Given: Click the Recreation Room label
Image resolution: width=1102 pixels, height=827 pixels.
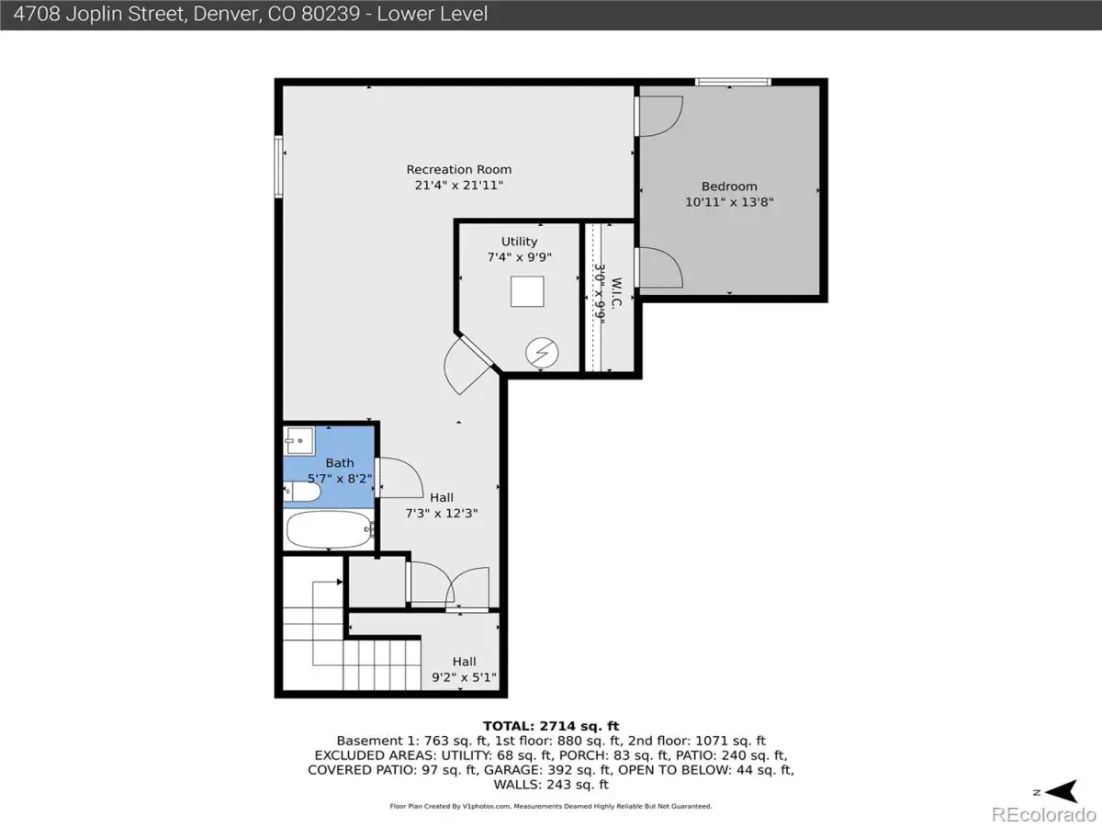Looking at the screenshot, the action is click(459, 170).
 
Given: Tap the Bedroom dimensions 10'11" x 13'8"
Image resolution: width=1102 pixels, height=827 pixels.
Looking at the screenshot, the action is click(729, 202).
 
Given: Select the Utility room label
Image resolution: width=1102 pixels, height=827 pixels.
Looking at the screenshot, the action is click(519, 242).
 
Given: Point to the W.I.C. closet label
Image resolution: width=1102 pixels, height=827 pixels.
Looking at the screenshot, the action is click(617, 292).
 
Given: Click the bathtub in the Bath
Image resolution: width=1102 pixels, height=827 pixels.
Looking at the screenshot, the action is click(330, 529).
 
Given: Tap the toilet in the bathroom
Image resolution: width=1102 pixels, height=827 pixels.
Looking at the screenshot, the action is click(302, 491).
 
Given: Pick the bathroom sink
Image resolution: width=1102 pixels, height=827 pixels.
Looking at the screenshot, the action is click(299, 440).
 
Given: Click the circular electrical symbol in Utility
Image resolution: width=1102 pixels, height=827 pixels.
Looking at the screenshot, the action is click(542, 353).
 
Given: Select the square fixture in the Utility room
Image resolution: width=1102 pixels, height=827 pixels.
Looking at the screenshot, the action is click(527, 291).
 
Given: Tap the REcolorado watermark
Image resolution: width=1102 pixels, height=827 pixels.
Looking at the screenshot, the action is click(1044, 814).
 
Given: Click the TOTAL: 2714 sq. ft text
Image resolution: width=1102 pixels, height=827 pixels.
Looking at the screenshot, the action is click(551, 726).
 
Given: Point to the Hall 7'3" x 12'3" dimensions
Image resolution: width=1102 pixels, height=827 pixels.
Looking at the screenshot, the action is click(442, 513).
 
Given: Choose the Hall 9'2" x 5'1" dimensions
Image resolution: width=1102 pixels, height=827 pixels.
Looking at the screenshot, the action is click(464, 677).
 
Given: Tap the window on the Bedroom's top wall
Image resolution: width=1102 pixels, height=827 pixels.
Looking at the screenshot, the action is click(733, 82).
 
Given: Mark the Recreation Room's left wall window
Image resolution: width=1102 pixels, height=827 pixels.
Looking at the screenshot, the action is click(278, 166).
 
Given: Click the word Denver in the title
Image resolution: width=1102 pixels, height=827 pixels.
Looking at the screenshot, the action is click(227, 14).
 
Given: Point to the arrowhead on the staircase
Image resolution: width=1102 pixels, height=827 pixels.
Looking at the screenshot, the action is click(340, 582).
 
